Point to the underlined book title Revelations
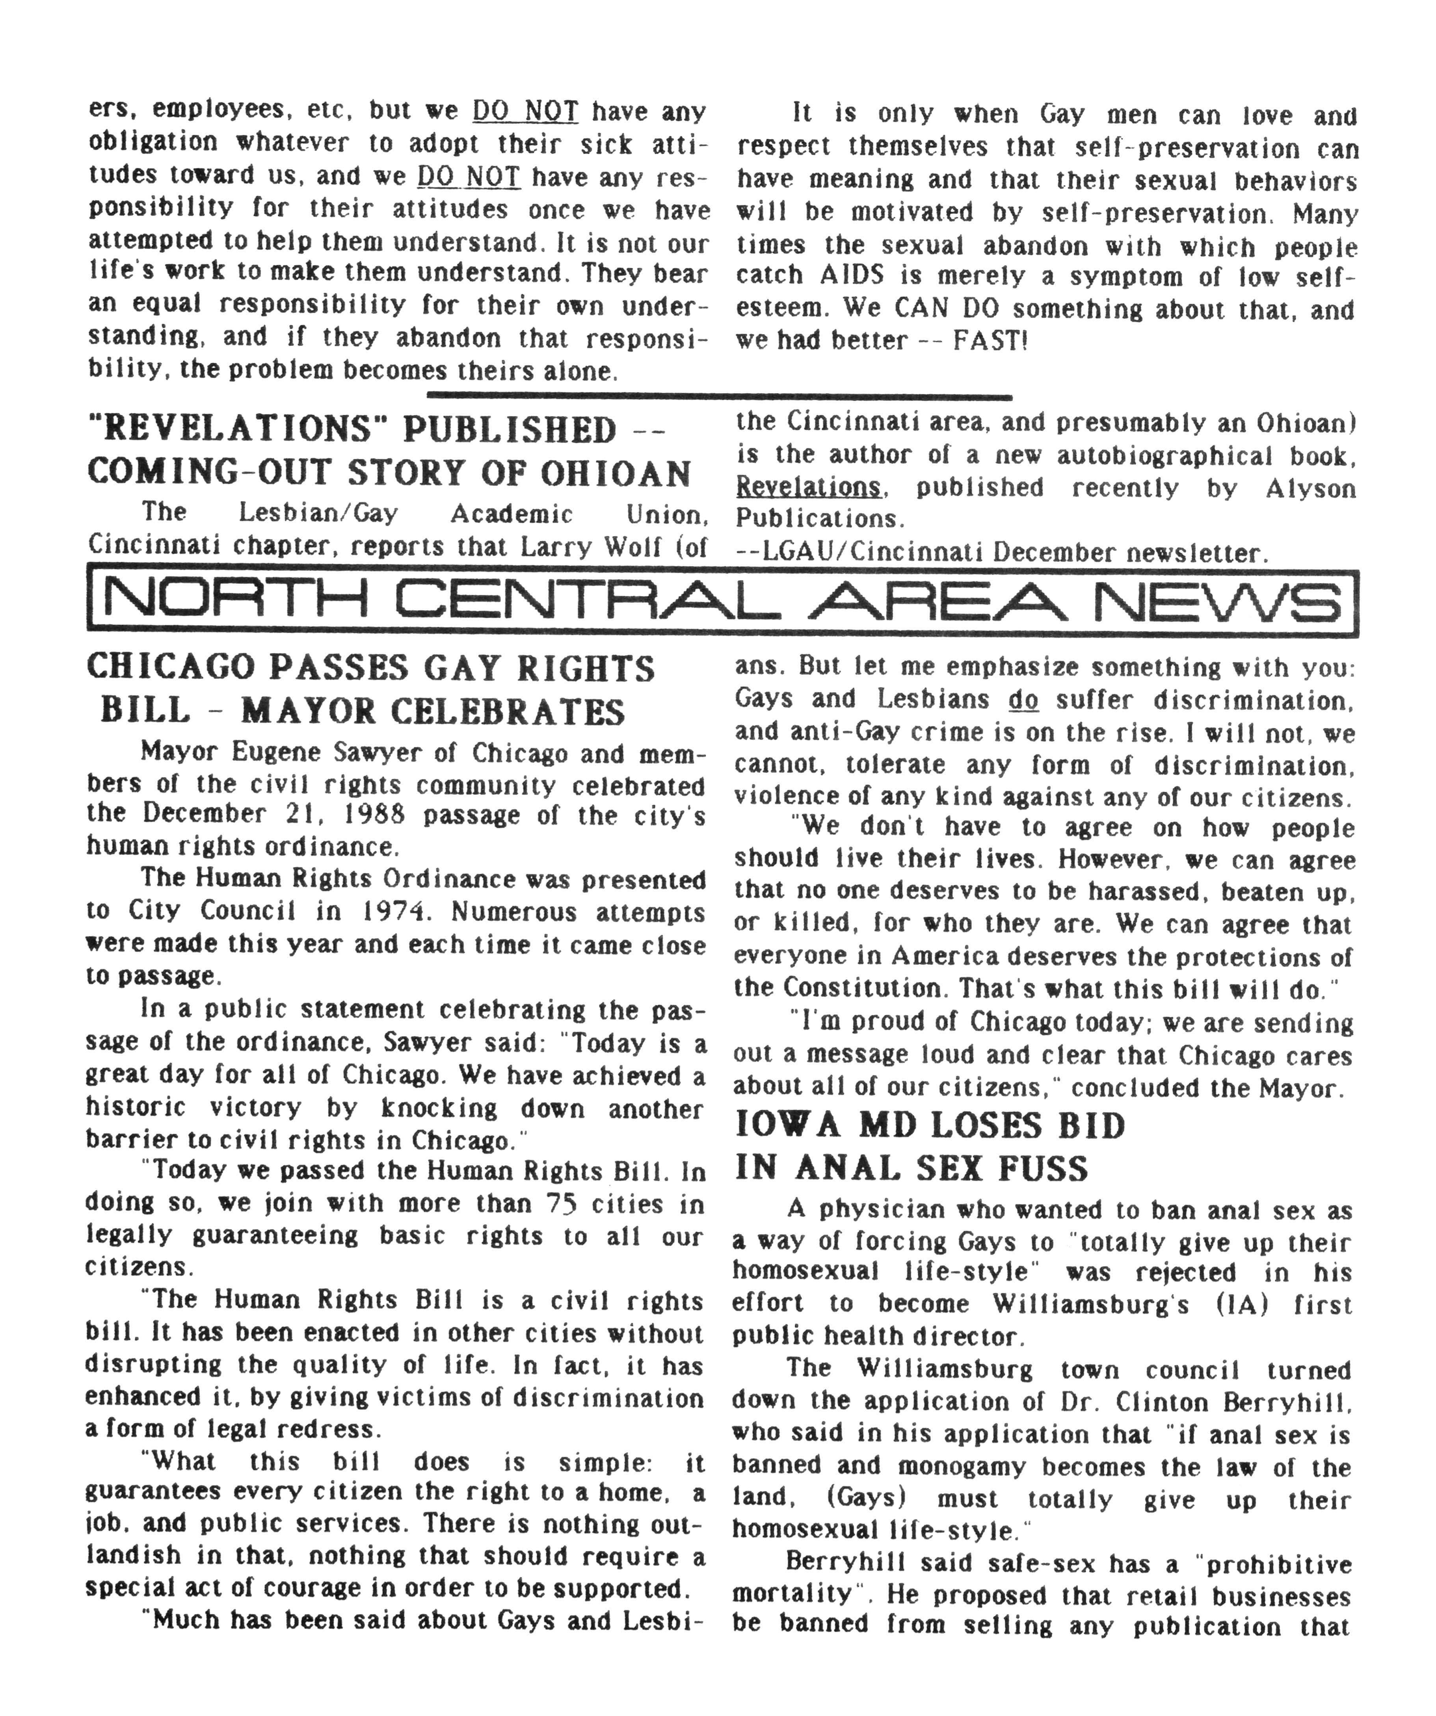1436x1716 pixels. click(808, 488)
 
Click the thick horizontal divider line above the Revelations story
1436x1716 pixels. click(719, 397)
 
